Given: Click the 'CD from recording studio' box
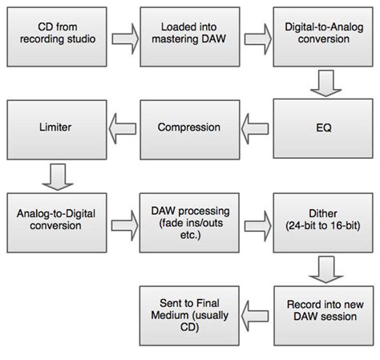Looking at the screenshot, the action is pyautogui.click(x=57, y=37).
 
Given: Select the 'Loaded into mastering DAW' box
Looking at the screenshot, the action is pyautogui.click(x=190, y=37).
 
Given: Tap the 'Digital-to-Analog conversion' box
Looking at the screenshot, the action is pyautogui.click(x=323, y=37).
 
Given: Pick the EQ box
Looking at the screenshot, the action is pyautogui.click(x=323, y=128).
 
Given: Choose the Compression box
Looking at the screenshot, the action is pyautogui.click(x=190, y=130).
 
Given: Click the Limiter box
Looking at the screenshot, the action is pyautogui.click(x=57, y=130).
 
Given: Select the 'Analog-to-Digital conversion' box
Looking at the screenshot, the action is pyautogui.click(x=57, y=223).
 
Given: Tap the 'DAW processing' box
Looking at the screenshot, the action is pyautogui.click(x=189, y=223).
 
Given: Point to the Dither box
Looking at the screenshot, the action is pyautogui.click(x=323, y=223).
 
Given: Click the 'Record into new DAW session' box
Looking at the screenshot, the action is pyautogui.click(x=324, y=316).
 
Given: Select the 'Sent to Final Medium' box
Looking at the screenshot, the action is pyautogui.click(x=189, y=316).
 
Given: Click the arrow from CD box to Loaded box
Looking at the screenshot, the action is pyautogui.click(x=125, y=38).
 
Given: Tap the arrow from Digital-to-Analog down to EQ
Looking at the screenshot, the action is pyautogui.click(x=326, y=83).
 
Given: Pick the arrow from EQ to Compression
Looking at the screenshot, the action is pyautogui.click(x=255, y=129).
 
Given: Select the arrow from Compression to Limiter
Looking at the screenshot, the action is pyautogui.click(x=123, y=129).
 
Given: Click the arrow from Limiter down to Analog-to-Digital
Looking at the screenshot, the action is pyautogui.click(x=58, y=177).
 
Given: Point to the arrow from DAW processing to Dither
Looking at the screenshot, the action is pyautogui.click(x=258, y=226).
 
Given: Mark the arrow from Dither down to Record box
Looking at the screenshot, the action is pyautogui.click(x=326, y=269).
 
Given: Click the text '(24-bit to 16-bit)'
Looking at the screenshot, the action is pyautogui.click(x=323, y=226).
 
